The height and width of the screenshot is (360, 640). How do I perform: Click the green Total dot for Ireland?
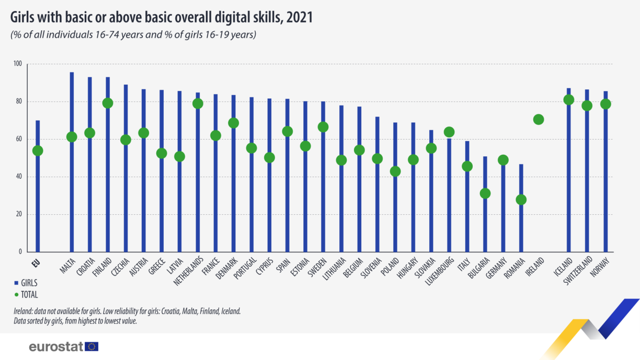click(539, 120)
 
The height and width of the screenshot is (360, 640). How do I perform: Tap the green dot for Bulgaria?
click(485, 193)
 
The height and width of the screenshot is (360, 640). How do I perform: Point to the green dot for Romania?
click(521, 200)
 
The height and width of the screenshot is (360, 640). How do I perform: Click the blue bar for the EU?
click(38, 209)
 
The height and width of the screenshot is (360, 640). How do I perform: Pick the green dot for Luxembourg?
click(449, 132)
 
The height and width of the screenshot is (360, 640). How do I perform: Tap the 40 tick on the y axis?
click(19, 177)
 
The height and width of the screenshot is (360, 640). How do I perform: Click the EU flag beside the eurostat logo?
click(92, 346)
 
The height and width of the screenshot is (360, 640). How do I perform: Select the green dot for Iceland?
click(569, 100)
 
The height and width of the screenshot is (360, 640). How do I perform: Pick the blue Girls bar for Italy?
click(467, 209)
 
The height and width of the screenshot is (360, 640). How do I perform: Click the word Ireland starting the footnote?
click(24, 311)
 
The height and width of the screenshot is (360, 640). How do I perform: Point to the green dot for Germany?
click(503, 160)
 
